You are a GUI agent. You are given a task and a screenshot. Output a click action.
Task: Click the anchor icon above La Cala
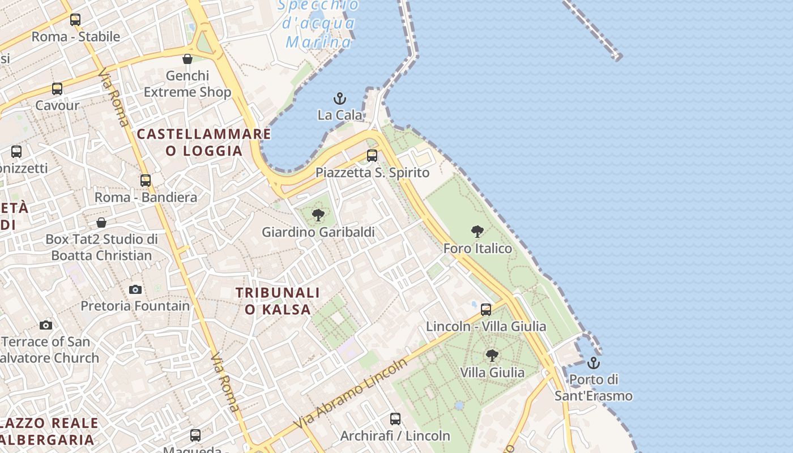[x=339, y=99]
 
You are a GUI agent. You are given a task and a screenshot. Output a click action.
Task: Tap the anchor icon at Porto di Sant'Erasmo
[x=594, y=363]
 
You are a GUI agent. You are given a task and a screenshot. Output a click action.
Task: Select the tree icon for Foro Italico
[x=477, y=232]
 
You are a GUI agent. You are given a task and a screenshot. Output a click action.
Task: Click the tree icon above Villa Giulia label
[x=492, y=356]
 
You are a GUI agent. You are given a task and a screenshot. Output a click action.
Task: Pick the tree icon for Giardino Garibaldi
[x=318, y=215]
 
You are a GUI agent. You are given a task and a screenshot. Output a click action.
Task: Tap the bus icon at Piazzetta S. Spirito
[x=372, y=156]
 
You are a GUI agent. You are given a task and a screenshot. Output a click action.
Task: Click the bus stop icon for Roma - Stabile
[x=75, y=20]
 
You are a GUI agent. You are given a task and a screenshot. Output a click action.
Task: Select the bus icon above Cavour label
[x=57, y=89]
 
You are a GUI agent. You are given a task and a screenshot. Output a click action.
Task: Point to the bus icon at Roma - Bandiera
[x=146, y=181]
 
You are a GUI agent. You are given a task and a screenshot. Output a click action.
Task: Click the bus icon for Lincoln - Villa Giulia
[x=486, y=310]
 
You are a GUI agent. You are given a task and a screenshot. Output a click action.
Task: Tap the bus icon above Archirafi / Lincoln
[x=395, y=419]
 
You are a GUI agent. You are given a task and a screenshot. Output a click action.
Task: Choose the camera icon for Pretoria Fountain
[x=135, y=289]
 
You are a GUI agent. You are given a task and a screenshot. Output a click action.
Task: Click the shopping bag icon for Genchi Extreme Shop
[x=187, y=59]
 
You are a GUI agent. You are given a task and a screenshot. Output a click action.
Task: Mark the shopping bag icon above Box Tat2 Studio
[x=101, y=223]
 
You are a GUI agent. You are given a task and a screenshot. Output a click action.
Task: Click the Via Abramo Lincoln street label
[x=351, y=394]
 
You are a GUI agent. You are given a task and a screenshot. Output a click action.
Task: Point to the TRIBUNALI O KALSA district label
[x=278, y=301]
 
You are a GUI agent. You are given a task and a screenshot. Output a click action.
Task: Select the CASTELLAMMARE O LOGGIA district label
[x=204, y=142]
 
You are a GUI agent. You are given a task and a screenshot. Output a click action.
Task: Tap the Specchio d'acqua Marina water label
[x=319, y=24]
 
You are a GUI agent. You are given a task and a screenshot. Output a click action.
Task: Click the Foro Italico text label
[x=477, y=249]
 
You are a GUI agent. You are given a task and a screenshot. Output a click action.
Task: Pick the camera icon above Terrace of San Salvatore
[x=46, y=325]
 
